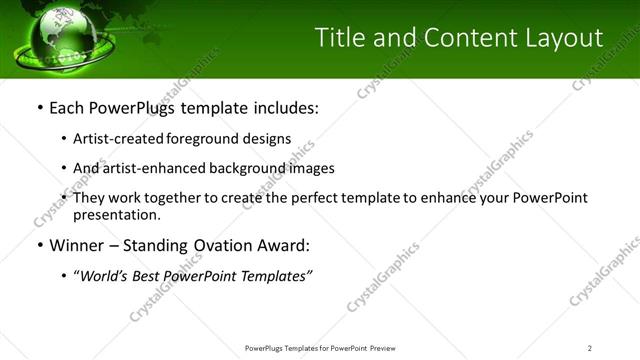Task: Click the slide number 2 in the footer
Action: (590, 347)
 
